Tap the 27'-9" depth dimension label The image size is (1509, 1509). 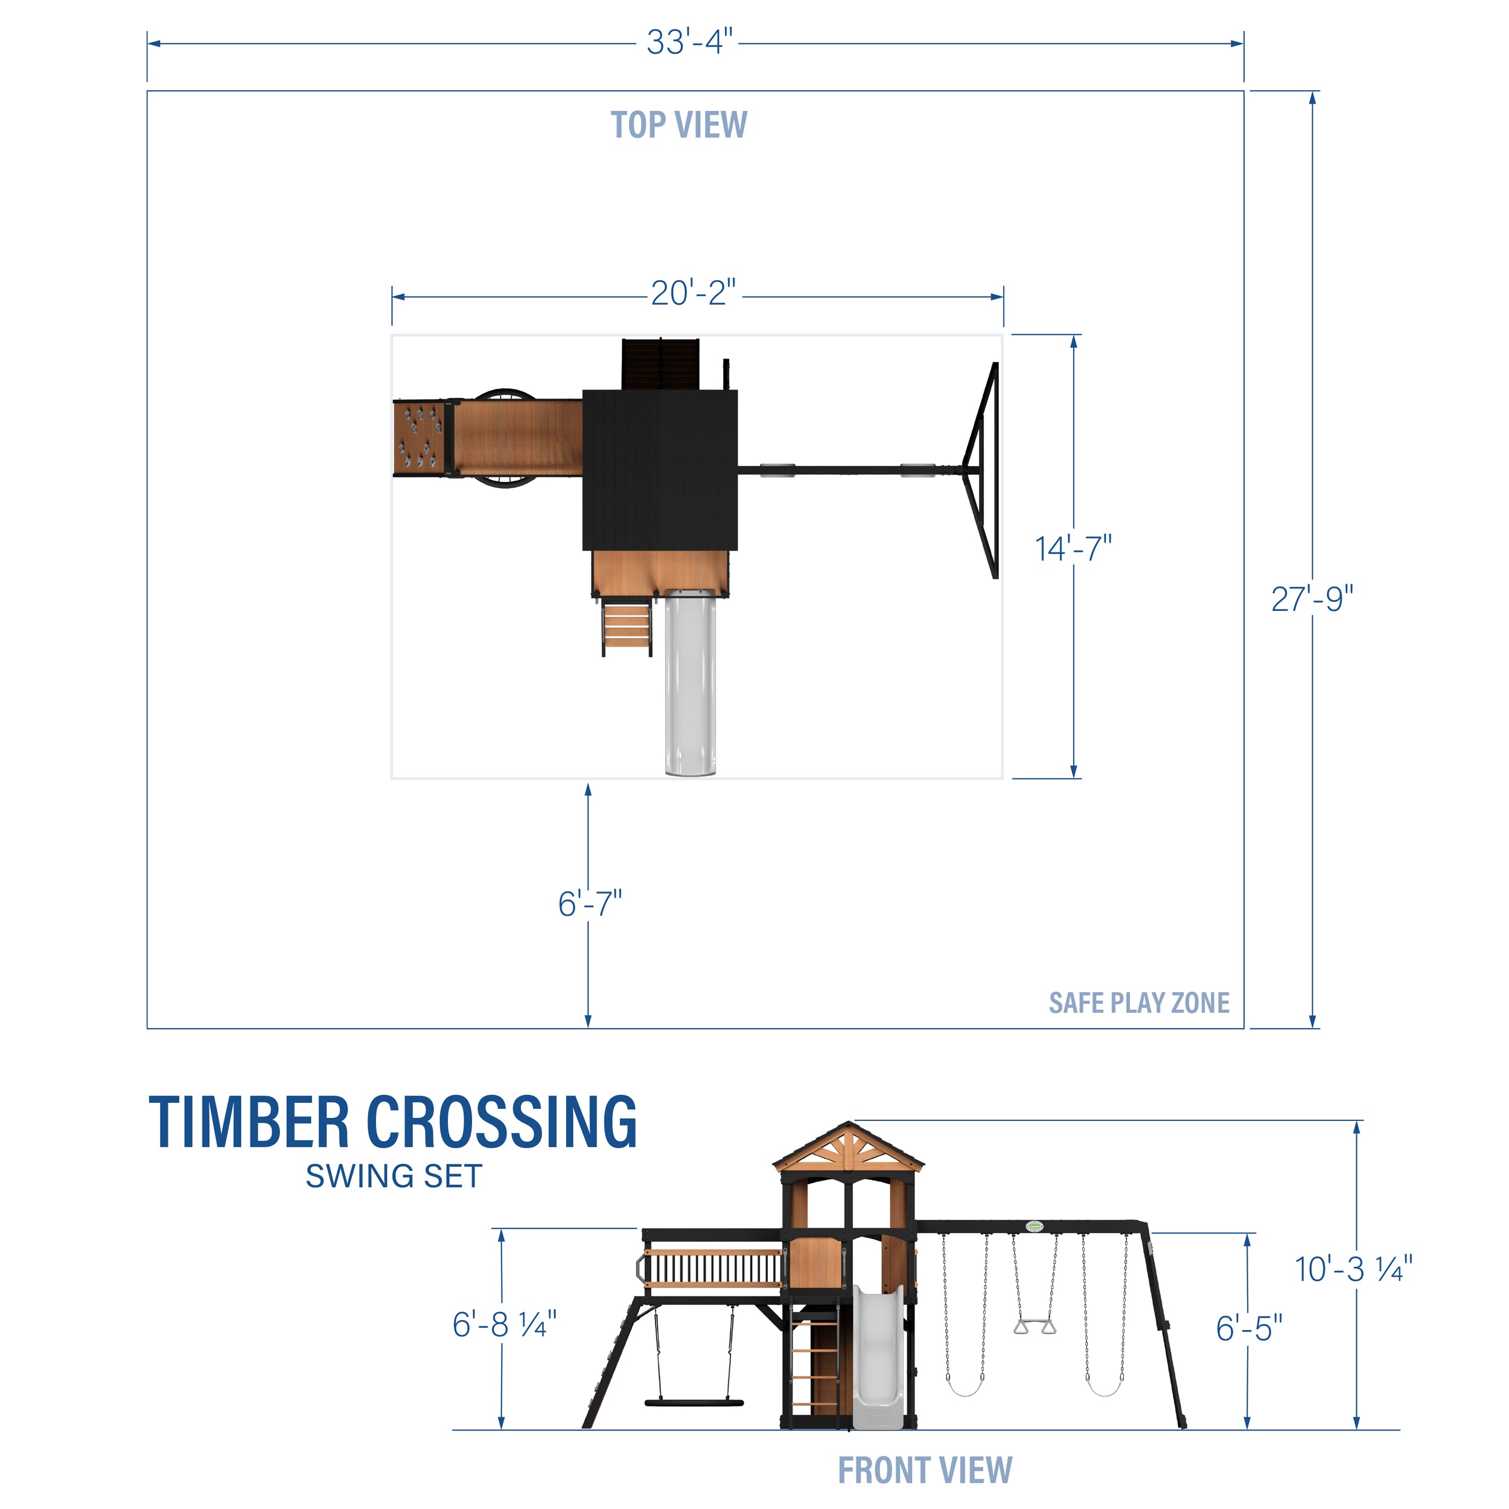tap(1312, 599)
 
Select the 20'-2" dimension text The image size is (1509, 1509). tap(693, 294)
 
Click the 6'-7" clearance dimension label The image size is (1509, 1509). tap(590, 904)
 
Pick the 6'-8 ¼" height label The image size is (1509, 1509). tap(504, 1324)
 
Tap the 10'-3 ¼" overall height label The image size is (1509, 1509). tap(1353, 1269)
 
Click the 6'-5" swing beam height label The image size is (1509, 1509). tap(1248, 1328)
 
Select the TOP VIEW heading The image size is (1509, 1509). tap(678, 125)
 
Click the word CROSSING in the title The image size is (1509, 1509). tap(502, 1123)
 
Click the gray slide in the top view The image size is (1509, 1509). tap(690, 688)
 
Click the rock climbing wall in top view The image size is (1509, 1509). tap(420, 438)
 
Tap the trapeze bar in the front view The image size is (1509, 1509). tap(1034, 1326)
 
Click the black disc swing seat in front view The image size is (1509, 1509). tap(694, 1403)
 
